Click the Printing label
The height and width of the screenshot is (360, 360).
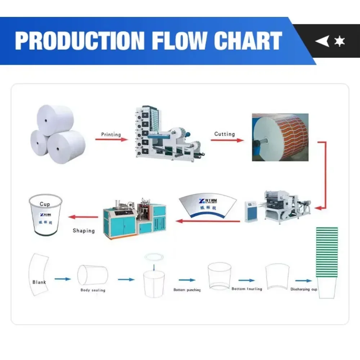coord(111,134)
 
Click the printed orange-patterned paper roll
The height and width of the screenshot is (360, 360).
coord(280,137)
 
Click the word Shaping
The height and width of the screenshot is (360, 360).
coord(84,230)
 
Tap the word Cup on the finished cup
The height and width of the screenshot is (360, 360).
coord(45,204)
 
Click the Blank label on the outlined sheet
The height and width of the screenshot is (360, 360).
coord(39,282)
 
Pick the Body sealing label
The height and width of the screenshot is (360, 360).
coord(93,290)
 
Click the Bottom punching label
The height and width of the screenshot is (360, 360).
coord(187,290)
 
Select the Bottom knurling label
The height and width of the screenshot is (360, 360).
coord(247,289)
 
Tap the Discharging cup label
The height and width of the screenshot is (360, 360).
coord(303,289)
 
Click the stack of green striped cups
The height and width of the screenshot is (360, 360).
coord(327,252)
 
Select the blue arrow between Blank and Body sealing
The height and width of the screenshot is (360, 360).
coord(62,279)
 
